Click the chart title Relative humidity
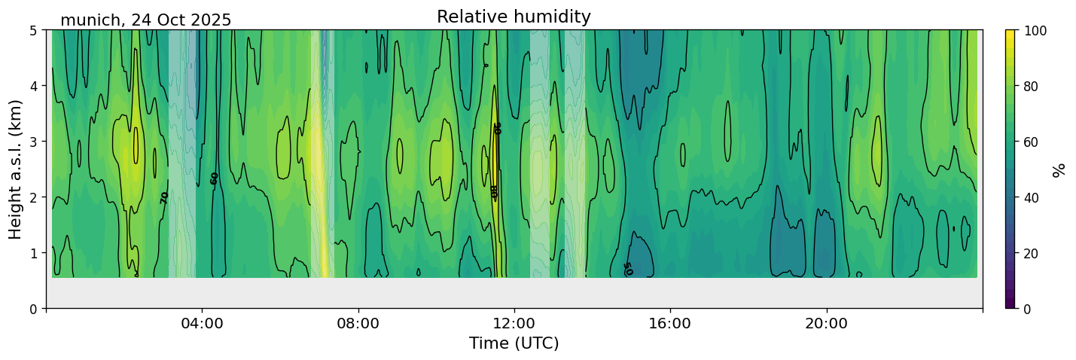pos(514,17)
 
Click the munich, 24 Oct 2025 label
pos(145,20)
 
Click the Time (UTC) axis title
pos(514,344)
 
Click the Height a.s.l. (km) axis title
pos(16,169)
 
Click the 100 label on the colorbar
pos(1035,31)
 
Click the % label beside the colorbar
pos(1059,169)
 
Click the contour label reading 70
pos(165,197)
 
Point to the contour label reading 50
pos(627,269)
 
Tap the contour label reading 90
pos(497,128)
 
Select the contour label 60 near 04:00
pos(215,178)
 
